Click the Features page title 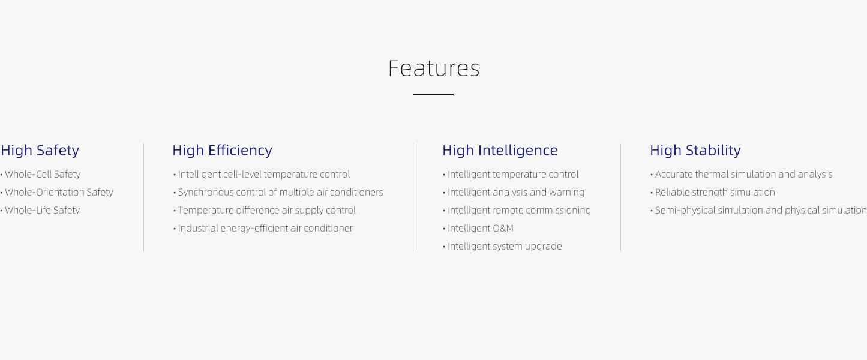[433, 68]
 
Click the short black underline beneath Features [433, 94]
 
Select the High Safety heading [40, 151]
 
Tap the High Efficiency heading [222, 151]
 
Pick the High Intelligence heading [500, 151]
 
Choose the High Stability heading [695, 151]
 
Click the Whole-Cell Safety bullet [41, 174]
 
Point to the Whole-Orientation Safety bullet [57, 193]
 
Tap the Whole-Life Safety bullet [40, 210]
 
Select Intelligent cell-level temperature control [262, 174]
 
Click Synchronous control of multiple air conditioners [278, 193]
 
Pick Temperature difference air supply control [265, 210]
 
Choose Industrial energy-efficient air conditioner [263, 229]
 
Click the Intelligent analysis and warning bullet [514, 193]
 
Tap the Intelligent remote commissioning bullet [517, 210]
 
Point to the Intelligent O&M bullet [478, 229]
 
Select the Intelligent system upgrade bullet [502, 246]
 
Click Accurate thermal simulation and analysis [741, 174]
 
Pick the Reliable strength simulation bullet [713, 193]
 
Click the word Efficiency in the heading [240, 151]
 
